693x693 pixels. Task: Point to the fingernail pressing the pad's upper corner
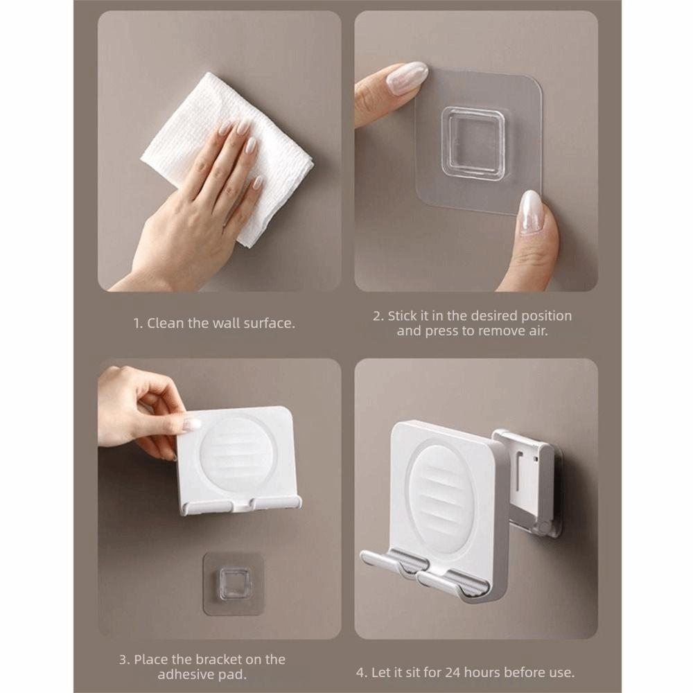tap(407, 78)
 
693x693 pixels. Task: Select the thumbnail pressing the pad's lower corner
tap(530, 211)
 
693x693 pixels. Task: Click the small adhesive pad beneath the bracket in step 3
tap(234, 583)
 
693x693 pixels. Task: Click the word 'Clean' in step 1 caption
tap(166, 323)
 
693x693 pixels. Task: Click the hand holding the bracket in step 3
tap(141, 411)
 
